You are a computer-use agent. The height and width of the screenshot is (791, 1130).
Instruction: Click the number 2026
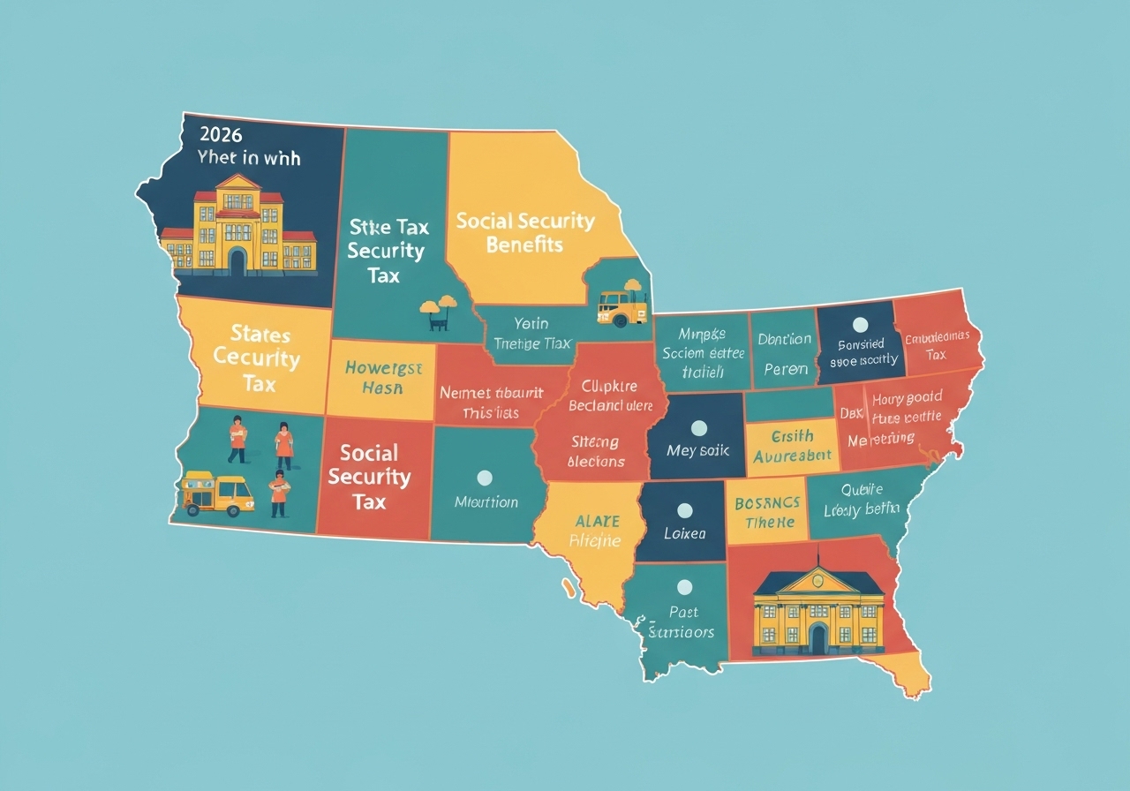(x=222, y=135)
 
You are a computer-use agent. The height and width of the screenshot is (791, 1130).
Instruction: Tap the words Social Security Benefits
(x=524, y=232)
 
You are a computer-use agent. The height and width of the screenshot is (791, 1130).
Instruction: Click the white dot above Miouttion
(x=484, y=478)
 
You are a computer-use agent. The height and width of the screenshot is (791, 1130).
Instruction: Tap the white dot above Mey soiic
(x=698, y=428)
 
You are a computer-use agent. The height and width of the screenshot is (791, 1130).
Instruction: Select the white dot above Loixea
(x=684, y=510)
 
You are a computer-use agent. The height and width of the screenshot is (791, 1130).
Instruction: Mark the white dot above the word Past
(x=682, y=586)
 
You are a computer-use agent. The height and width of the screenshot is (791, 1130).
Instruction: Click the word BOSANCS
(x=767, y=503)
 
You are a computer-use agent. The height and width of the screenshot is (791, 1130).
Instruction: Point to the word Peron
(x=785, y=368)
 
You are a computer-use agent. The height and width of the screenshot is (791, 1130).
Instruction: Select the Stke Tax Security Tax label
(x=387, y=251)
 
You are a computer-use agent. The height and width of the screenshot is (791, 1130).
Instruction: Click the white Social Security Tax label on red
(x=369, y=478)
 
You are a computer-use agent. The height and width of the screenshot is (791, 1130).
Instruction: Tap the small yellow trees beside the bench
(x=438, y=305)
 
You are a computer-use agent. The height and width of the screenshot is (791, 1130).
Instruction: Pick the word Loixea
(x=684, y=534)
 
